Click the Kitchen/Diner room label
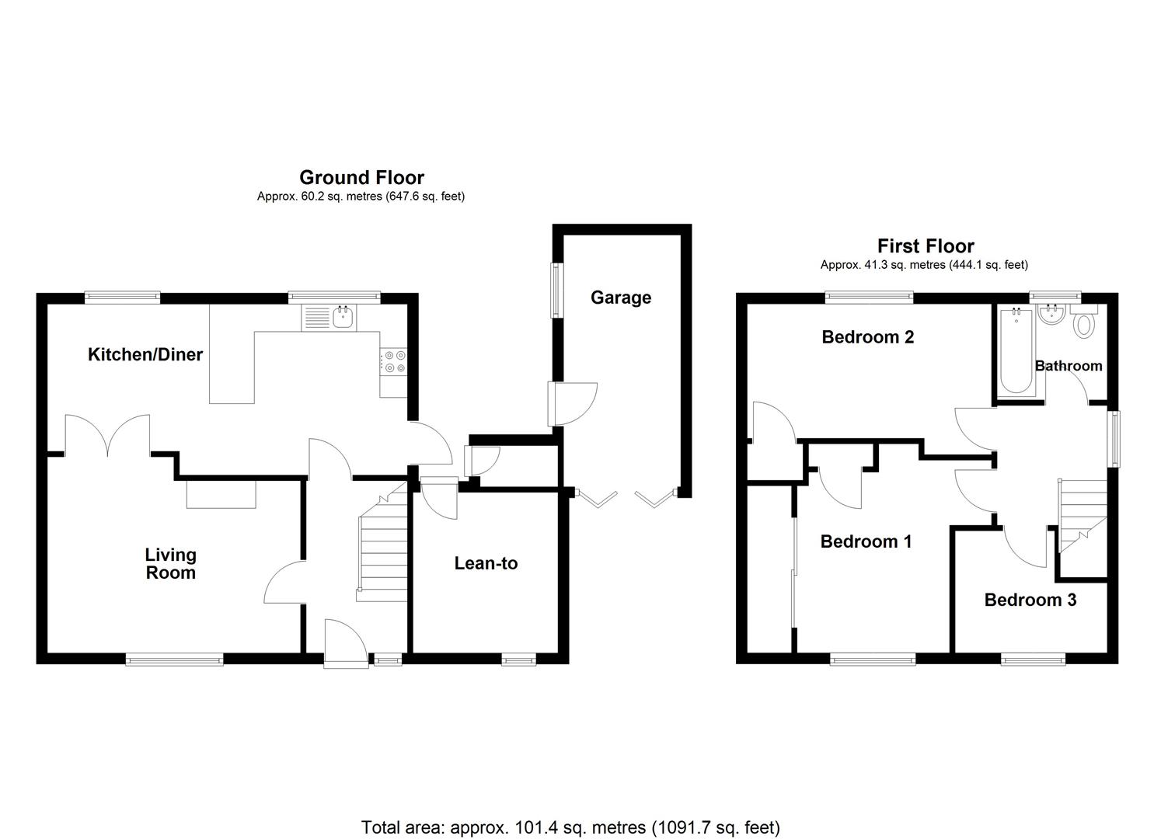(145, 355)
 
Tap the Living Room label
(170, 564)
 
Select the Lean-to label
(486, 563)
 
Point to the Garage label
(620, 298)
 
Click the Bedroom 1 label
(866, 541)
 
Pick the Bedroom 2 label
(867, 337)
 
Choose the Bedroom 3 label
(1030, 600)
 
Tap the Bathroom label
(1068, 366)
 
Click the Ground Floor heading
(361, 178)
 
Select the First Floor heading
(925, 246)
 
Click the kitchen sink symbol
(342, 317)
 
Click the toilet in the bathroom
(1083, 322)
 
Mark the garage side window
(557, 290)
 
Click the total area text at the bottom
(570, 827)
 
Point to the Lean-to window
(518, 660)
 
